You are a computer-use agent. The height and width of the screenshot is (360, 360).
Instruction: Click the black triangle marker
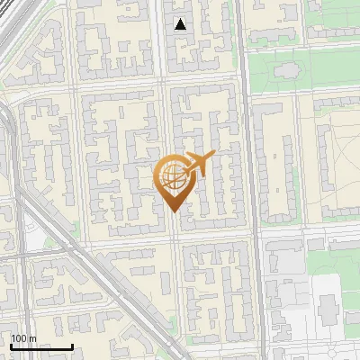tap(181, 24)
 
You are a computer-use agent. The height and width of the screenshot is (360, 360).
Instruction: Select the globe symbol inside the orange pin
tap(171, 177)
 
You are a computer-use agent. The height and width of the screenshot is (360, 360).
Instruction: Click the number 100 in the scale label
tap(20, 338)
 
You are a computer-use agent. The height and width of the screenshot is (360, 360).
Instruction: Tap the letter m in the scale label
tap(33, 338)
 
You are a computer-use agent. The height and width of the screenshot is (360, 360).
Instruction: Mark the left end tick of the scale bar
tap(11, 346)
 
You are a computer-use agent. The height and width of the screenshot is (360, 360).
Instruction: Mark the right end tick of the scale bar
tap(72, 346)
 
